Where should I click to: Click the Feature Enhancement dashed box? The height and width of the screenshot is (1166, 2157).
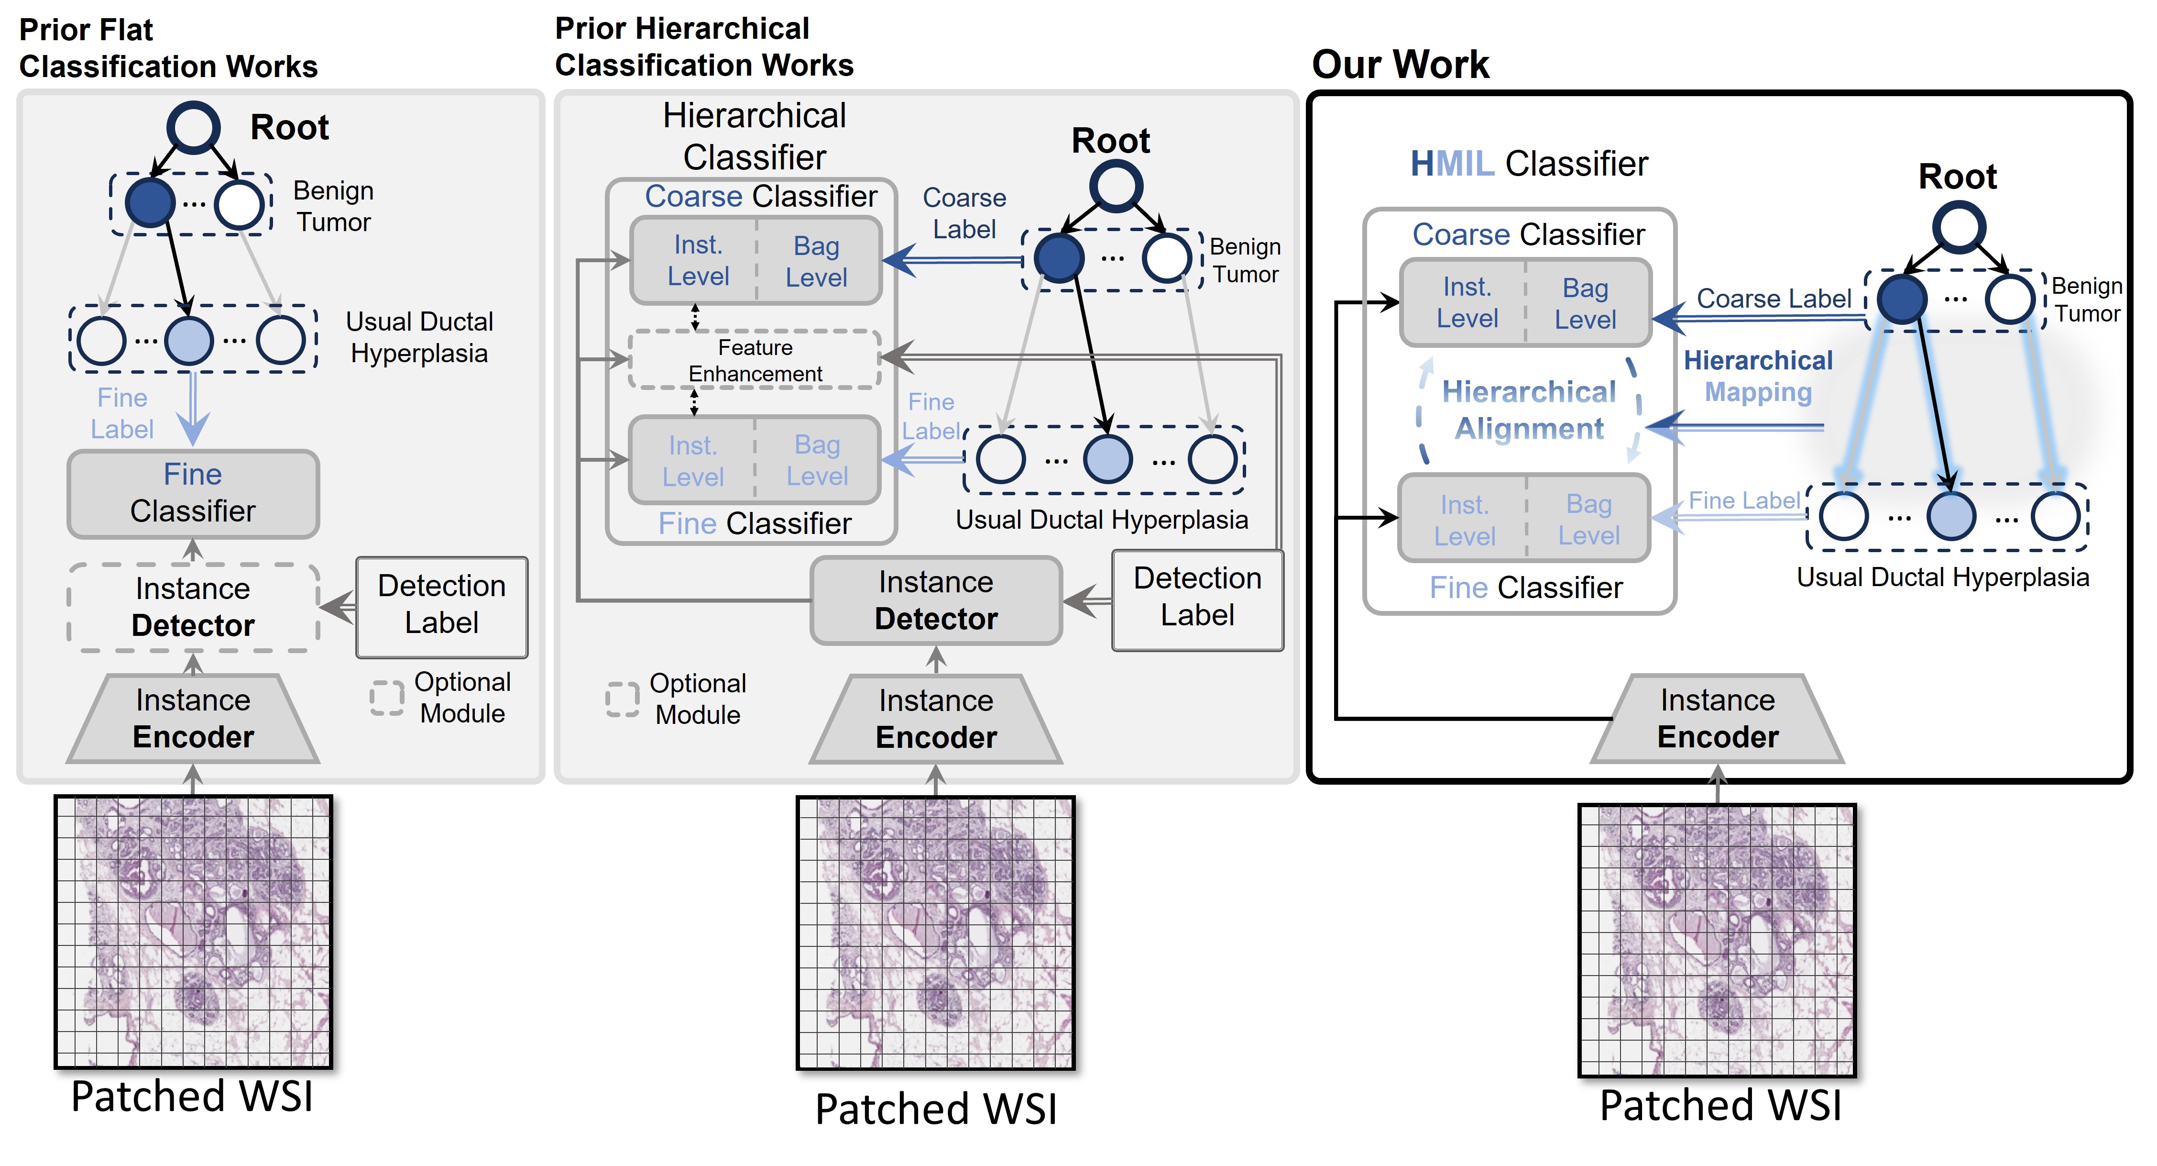755,360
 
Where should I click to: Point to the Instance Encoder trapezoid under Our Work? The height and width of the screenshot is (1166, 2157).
1718,719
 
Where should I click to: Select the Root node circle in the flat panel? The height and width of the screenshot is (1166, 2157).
194,127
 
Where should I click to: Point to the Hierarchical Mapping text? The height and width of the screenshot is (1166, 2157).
1758,376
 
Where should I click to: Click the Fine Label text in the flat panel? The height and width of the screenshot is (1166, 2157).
122,413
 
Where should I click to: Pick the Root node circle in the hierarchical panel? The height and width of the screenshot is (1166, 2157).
1116,186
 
